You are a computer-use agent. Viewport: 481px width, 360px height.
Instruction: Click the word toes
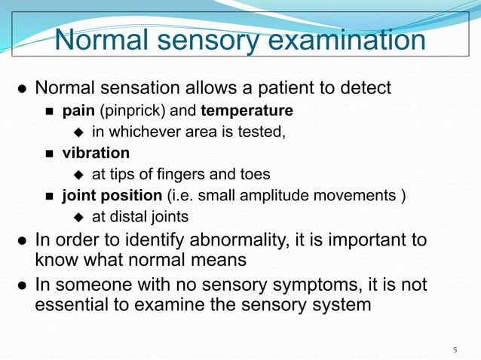coord(254,175)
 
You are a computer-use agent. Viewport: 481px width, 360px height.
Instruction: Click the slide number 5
coord(455,349)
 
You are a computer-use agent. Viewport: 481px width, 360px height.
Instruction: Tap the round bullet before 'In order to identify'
coord(23,242)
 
